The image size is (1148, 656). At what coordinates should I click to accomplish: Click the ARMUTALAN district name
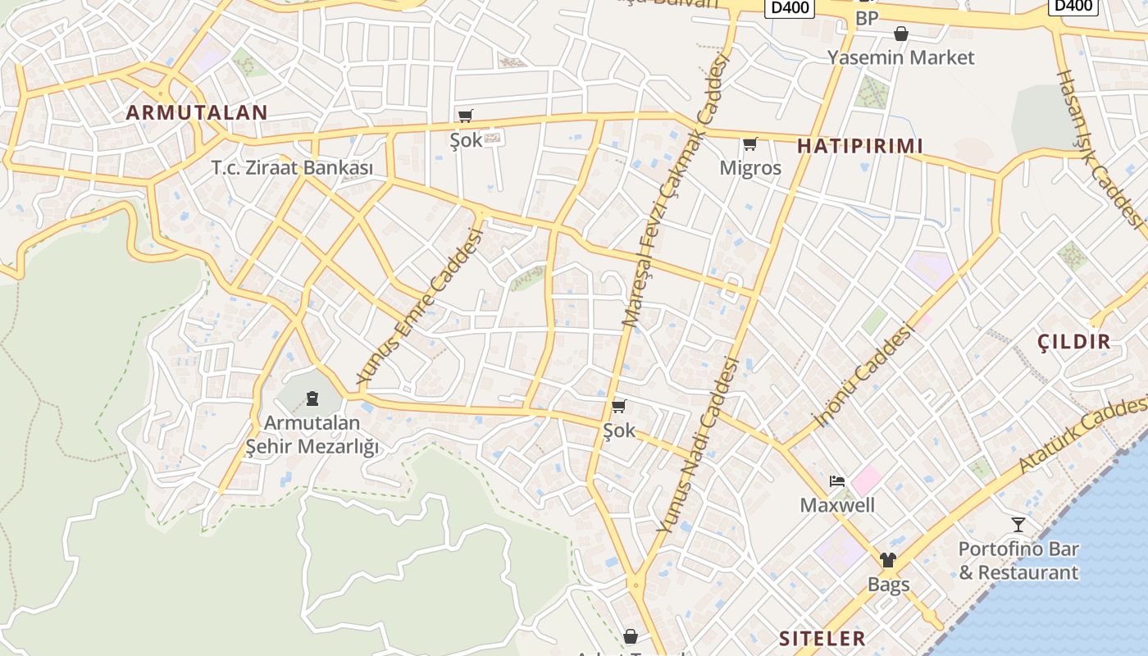pyautogui.click(x=197, y=113)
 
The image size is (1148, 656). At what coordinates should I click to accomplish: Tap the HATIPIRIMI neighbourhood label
pyautogui.click(x=860, y=146)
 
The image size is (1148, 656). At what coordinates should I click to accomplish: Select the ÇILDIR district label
pyautogui.click(x=1073, y=342)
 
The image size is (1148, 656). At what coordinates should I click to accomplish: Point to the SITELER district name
pyautogui.click(x=822, y=638)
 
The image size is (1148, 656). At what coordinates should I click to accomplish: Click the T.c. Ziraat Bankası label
pyautogui.click(x=292, y=168)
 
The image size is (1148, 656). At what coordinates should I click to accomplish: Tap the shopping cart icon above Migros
pyautogui.click(x=749, y=145)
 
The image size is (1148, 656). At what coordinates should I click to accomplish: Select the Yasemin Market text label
pyautogui.click(x=900, y=57)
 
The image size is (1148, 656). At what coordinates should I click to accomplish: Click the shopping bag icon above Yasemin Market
pyautogui.click(x=900, y=34)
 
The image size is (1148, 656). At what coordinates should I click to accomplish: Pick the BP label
pyautogui.click(x=866, y=18)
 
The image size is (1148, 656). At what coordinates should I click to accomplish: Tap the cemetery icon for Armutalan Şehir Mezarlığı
pyautogui.click(x=312, y=399)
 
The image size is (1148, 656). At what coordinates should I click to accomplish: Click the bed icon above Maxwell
pyautogui.click(x=836, y=481)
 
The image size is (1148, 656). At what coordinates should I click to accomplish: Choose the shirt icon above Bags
pyautogui.click(x=888, y=561)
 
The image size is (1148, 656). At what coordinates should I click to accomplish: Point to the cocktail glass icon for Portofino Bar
pyautogui.click(x=1018, y=525)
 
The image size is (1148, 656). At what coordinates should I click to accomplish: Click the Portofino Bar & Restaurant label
pyautogui.click(x=1018, y=561)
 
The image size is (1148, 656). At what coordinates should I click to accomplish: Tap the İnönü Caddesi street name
pyautogui.click(x=863, y=376)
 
